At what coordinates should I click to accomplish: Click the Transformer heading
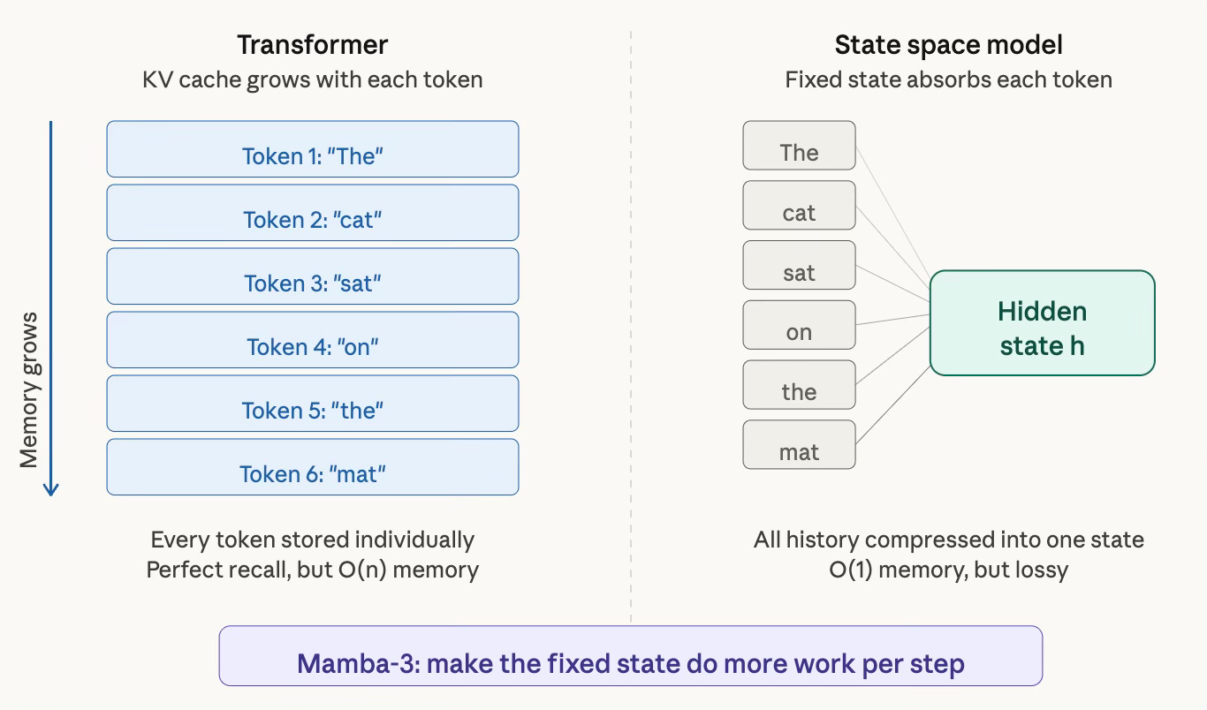[313, 45]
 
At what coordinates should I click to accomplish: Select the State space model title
[948, 45]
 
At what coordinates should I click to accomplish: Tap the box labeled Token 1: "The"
[313, 148]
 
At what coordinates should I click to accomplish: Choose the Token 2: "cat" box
[313, 212]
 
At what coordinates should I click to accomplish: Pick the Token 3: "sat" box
[313, 276]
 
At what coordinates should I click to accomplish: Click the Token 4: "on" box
[313, 339]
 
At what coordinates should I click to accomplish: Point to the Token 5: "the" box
[313, 403]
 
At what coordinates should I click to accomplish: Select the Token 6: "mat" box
[313, 466]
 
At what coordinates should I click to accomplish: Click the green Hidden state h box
[1042, 322]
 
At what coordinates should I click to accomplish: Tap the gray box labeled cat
[799, 205]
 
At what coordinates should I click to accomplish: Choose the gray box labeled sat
[799, 265]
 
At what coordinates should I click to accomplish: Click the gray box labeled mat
[799, 444]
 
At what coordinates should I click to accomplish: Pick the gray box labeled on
[799, 325]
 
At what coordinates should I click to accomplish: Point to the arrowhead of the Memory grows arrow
[50, 495]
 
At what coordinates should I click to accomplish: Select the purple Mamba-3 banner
[630, 655]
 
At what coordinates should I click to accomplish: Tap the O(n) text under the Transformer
[362, 570]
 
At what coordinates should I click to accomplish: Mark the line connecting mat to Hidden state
[892, 405]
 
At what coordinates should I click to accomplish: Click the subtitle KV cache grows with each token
[313, 80]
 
